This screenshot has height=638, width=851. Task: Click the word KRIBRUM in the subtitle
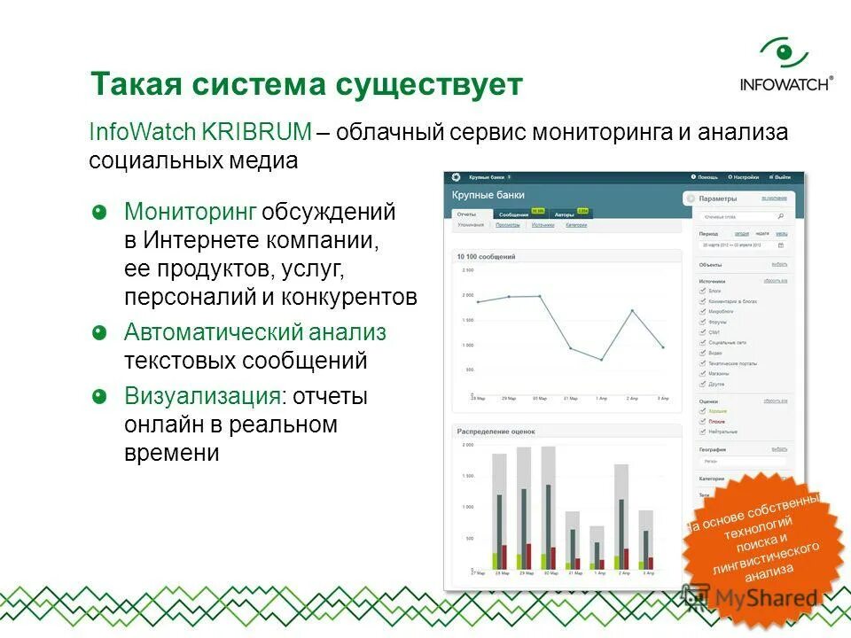256,132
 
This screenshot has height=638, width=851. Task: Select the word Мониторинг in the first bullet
191,212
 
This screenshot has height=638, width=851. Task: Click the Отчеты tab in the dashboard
466,214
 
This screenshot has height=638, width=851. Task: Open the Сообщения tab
513,214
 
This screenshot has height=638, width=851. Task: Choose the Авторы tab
564,214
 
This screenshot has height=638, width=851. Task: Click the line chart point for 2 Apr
632,311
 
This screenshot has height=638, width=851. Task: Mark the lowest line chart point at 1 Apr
601,360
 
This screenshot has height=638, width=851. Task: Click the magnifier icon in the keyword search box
780,215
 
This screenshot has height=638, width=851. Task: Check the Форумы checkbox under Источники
703,322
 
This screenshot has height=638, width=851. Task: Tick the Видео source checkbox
703,352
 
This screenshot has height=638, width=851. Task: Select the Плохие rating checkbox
703,421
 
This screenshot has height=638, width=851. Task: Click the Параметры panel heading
717,199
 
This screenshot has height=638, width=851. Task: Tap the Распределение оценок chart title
496,432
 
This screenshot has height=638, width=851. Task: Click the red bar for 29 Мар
528,556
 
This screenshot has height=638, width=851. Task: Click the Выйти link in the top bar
782,177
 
